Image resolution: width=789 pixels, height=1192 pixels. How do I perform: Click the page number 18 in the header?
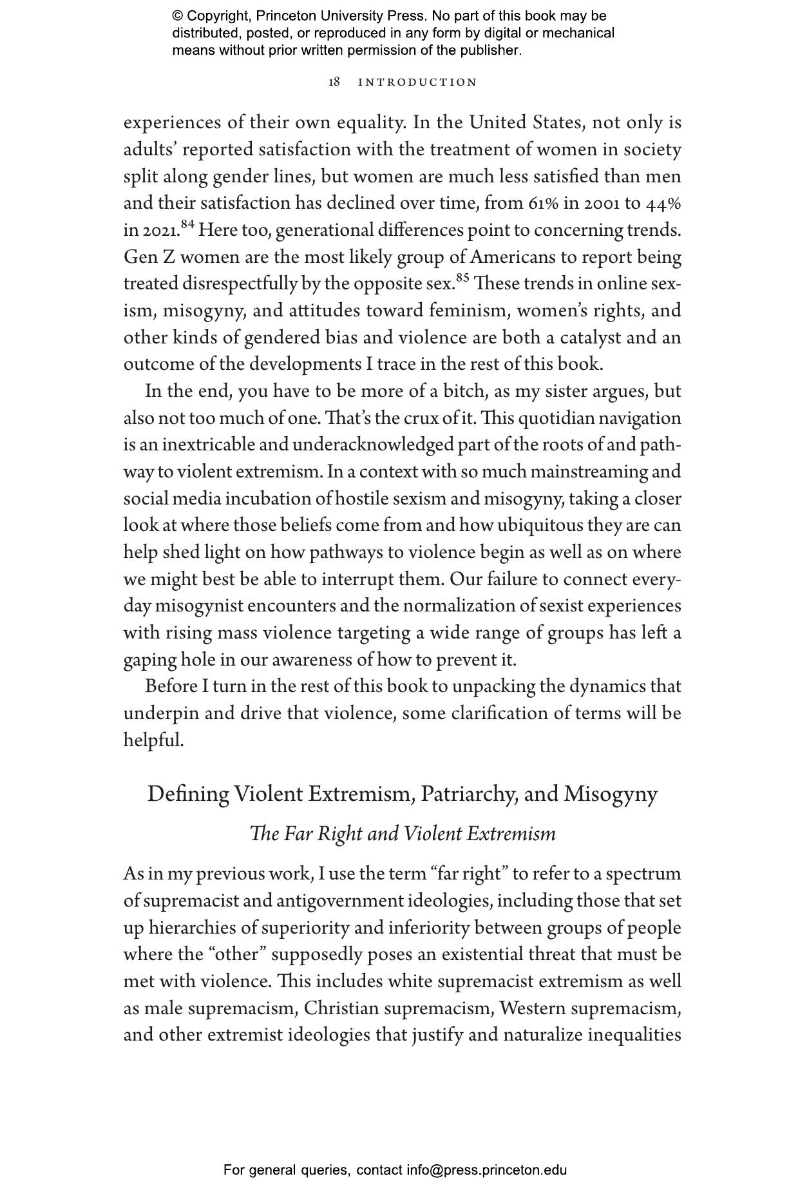coord(334,82)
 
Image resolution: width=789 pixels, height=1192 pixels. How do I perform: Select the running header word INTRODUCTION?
coord(417,82)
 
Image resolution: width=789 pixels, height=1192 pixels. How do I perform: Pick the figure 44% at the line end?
coord(663,204)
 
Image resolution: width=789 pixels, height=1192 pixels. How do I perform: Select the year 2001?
coord(604,204)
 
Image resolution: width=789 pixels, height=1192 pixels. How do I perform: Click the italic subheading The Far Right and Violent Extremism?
coord(403,834)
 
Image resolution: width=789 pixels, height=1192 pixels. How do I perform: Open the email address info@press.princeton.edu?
coord(486,1170)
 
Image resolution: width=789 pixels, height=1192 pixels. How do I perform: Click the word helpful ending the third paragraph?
coord(153,740)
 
